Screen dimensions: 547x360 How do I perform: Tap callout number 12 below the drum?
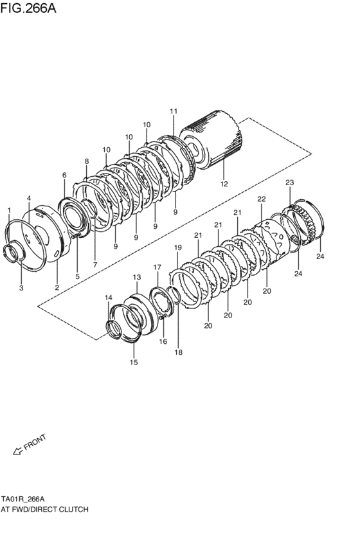(x=224, y=184)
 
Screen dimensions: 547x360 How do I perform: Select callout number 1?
(x=9, y=210)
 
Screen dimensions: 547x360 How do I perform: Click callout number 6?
(x=64, y=175)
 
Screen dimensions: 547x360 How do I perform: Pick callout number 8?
(x=86, y=161)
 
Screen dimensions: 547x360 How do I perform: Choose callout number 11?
(x=173, y=111)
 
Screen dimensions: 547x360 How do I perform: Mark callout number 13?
(x=136, y=278)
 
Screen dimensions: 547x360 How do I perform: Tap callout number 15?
(x=134, y=363)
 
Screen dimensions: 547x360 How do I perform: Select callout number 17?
(x=157, y=267)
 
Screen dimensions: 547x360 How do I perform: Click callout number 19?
(x=178, y=247)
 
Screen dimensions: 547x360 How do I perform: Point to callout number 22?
(x=261, y=199)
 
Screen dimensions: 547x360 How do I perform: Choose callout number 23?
(x=289, y=183)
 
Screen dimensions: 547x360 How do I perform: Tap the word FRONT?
(x=35, y=442)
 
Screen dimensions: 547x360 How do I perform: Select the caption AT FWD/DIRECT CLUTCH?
(x=44, y=508)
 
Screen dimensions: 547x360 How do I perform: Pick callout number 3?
(x=21, y=289)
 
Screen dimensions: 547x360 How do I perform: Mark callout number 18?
(x=179, y=352)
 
